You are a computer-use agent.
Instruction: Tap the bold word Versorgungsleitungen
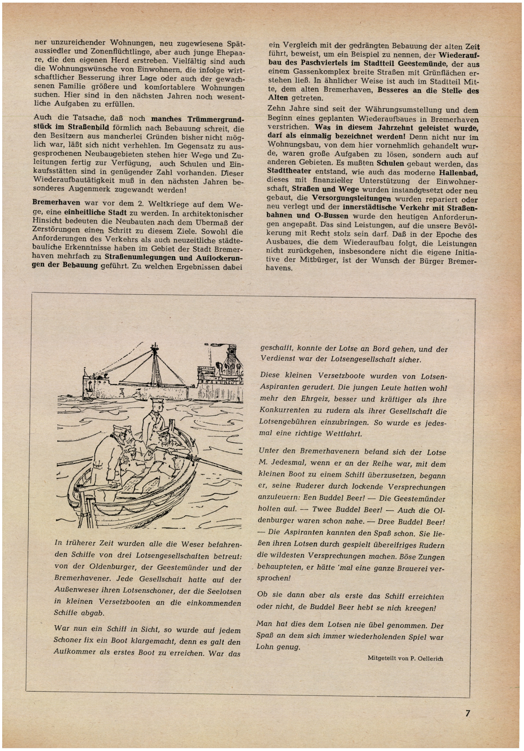coord(351,199)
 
